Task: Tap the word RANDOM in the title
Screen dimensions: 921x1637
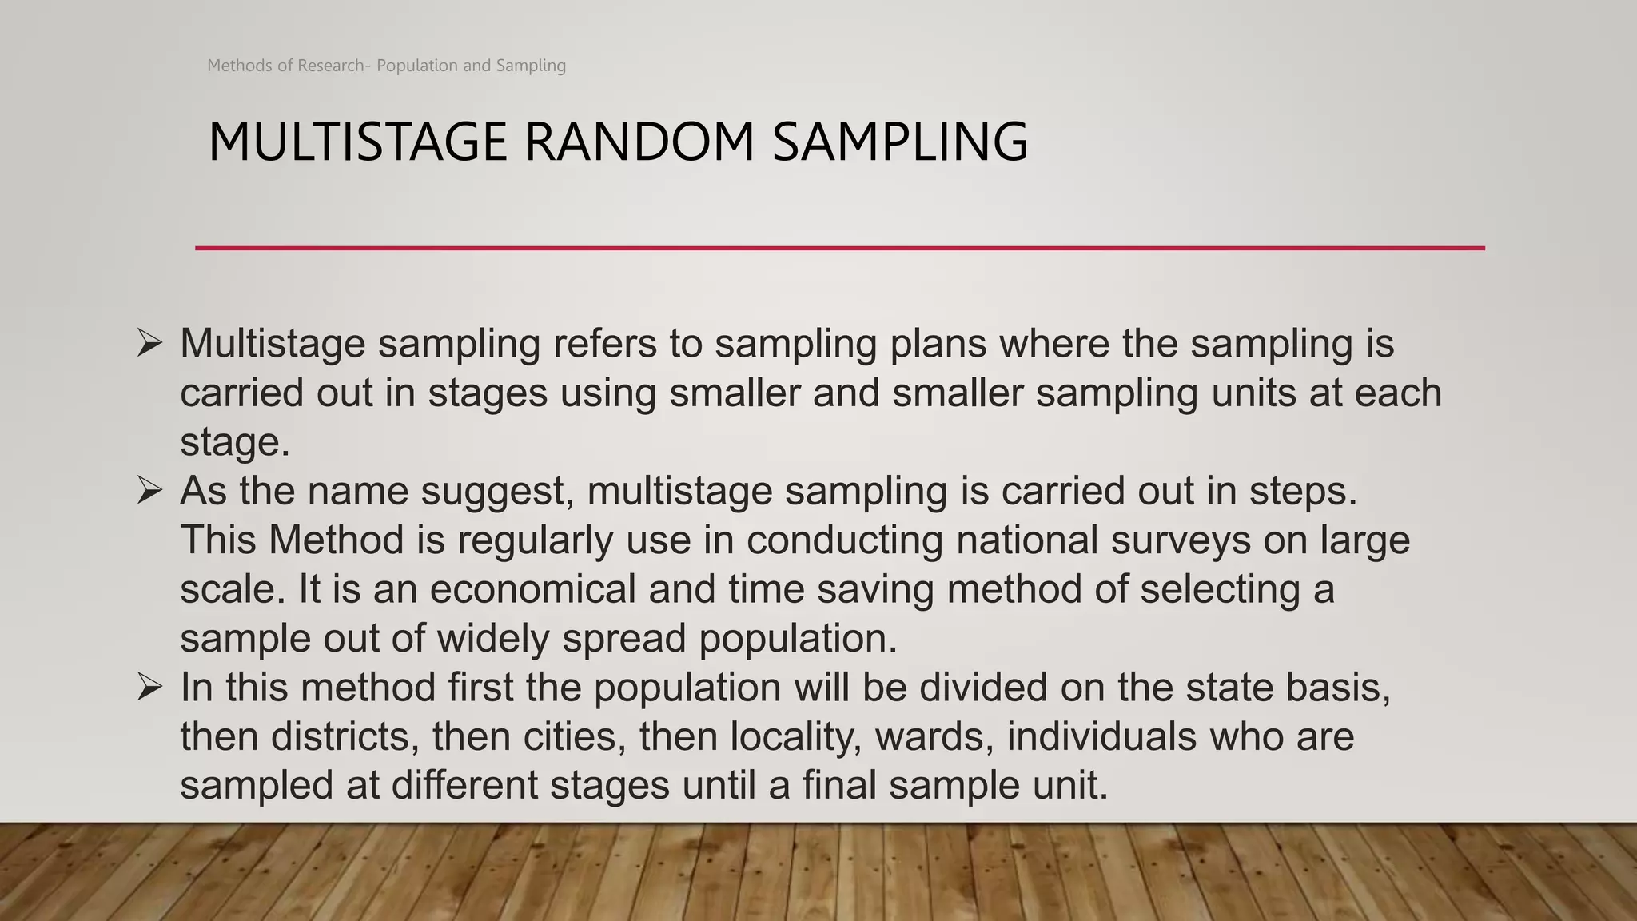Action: [x=639, y=142]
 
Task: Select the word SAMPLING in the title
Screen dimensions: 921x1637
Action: [x=900, y=142]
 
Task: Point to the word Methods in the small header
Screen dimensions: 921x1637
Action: [x=239, y=66]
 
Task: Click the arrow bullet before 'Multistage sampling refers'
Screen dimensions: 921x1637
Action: [x=149, y=343]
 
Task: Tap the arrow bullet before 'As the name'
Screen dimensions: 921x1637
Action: [x=149, y=490]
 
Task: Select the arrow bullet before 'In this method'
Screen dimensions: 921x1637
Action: [x=149, y=687]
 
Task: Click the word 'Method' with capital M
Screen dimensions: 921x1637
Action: [x=336, y=540]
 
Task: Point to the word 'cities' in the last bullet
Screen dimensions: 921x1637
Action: [x=575, y=736]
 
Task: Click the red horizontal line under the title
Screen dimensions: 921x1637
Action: [x=839, y=248]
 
